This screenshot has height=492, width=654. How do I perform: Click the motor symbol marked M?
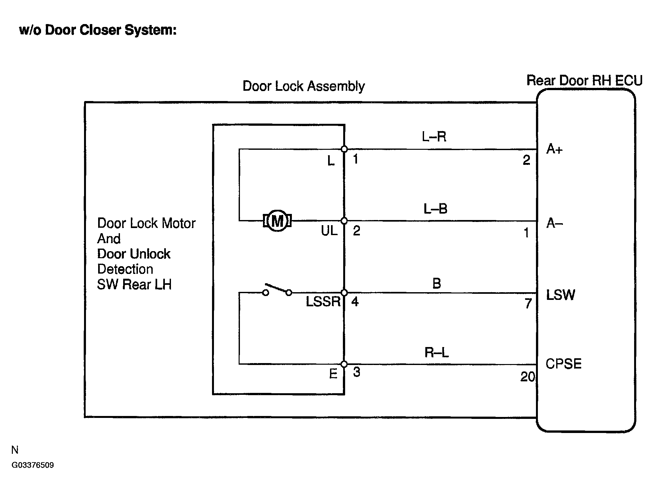pyautogui.click(x=277, y=221)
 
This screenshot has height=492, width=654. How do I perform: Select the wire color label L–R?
pyautogui.click(x=434, y=137)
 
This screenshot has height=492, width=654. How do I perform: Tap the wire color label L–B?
pyautogui.click(x=435, y=209)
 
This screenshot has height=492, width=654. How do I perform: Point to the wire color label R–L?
pyautogui.click(x=436, y=352)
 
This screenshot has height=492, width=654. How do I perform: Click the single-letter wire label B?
pyautogui.click(x=437, y=284)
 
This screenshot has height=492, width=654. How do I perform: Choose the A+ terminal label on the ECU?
pyautogui.click(x=554, y=149)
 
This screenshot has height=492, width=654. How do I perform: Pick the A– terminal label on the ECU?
pyautogui.click(x=554, y=223)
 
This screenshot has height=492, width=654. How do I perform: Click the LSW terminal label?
pyautogui.click(x=560, y=295)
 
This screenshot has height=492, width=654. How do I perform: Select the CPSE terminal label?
pyautogui.click(x=563, y=364)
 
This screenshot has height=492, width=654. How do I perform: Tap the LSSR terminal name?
pyautogui.click(x=323, y=301)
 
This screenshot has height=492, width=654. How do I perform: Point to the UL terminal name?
pyautogui.click(x=329, y=231)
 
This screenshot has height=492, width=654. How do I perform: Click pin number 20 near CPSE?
pyautogui.click(x=527, y=377)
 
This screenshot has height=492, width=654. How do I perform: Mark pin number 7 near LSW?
pyautogui.click(x=528, y=303)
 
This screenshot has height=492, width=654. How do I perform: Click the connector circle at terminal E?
pyautogui.click(x=344, y=364)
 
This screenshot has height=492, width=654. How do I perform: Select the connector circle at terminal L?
pyautogui.click(x=344, y=149)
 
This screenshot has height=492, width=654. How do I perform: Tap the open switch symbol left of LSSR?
pyautogui.click(x=277, y=289)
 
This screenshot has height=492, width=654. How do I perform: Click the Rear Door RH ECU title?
pyautogui.click(x=584, y=80)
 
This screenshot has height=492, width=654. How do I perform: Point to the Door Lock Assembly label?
pyautogui.click(x=303, y=86)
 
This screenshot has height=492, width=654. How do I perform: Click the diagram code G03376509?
pyautogui.click(x=33, y=465)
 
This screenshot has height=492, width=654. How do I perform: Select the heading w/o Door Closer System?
pyautogui.click(x=98, y=30)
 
